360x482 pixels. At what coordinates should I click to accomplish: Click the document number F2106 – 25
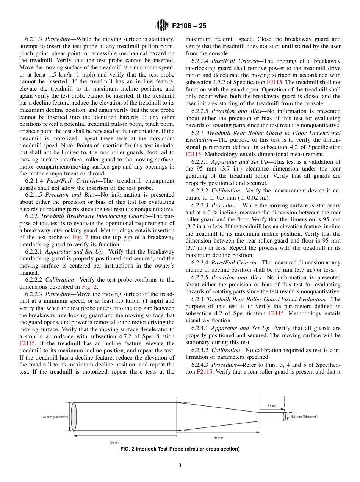click(x=189, y=26)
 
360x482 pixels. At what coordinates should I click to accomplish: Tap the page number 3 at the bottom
click(x=180, y=466)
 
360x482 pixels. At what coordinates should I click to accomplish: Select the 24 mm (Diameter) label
click(x=55, y=417)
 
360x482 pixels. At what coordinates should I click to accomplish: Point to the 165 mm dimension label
click(x=114, y=442)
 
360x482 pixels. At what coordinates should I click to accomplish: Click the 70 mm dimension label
click(x=218, y=438)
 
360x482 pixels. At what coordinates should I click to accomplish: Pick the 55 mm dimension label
click(x=272, y=406)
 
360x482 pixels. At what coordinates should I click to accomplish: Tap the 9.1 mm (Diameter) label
click(x=304, y=417)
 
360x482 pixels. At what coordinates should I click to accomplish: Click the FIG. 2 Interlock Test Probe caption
click(x=180, y=449)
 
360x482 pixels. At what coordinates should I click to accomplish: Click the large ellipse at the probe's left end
click(x=74, y=417)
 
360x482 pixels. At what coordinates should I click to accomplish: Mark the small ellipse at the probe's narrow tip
click(x=285, y=417)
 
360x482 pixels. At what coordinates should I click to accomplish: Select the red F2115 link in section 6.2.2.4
click(x=274, y=82)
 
